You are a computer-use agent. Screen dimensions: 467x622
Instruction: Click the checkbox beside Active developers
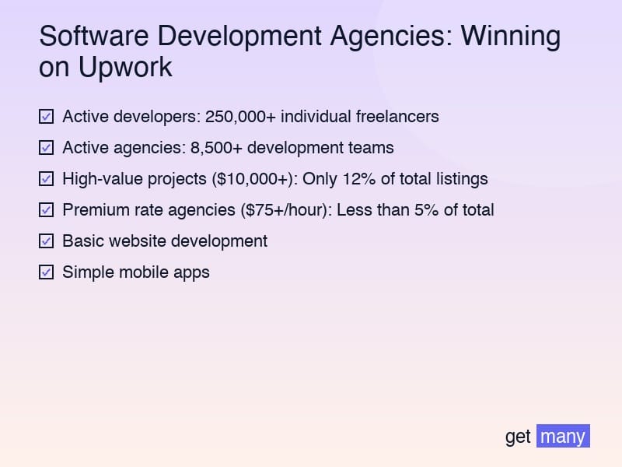[46, 117]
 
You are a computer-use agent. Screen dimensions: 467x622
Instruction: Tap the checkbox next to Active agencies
[46, 148]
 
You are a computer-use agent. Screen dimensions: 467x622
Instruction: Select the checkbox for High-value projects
[46, 179]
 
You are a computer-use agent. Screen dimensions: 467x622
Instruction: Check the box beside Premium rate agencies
[46, 210]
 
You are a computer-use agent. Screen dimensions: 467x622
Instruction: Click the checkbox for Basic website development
[46, 241]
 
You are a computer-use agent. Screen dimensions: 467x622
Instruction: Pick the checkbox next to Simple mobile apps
[46, 272]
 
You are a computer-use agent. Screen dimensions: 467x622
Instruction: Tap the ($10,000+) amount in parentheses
[253, 179]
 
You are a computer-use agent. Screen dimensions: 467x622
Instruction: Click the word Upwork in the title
[124, 68]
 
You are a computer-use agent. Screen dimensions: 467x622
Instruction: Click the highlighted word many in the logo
[563, 436]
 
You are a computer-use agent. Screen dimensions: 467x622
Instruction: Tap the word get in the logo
[518, 437]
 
